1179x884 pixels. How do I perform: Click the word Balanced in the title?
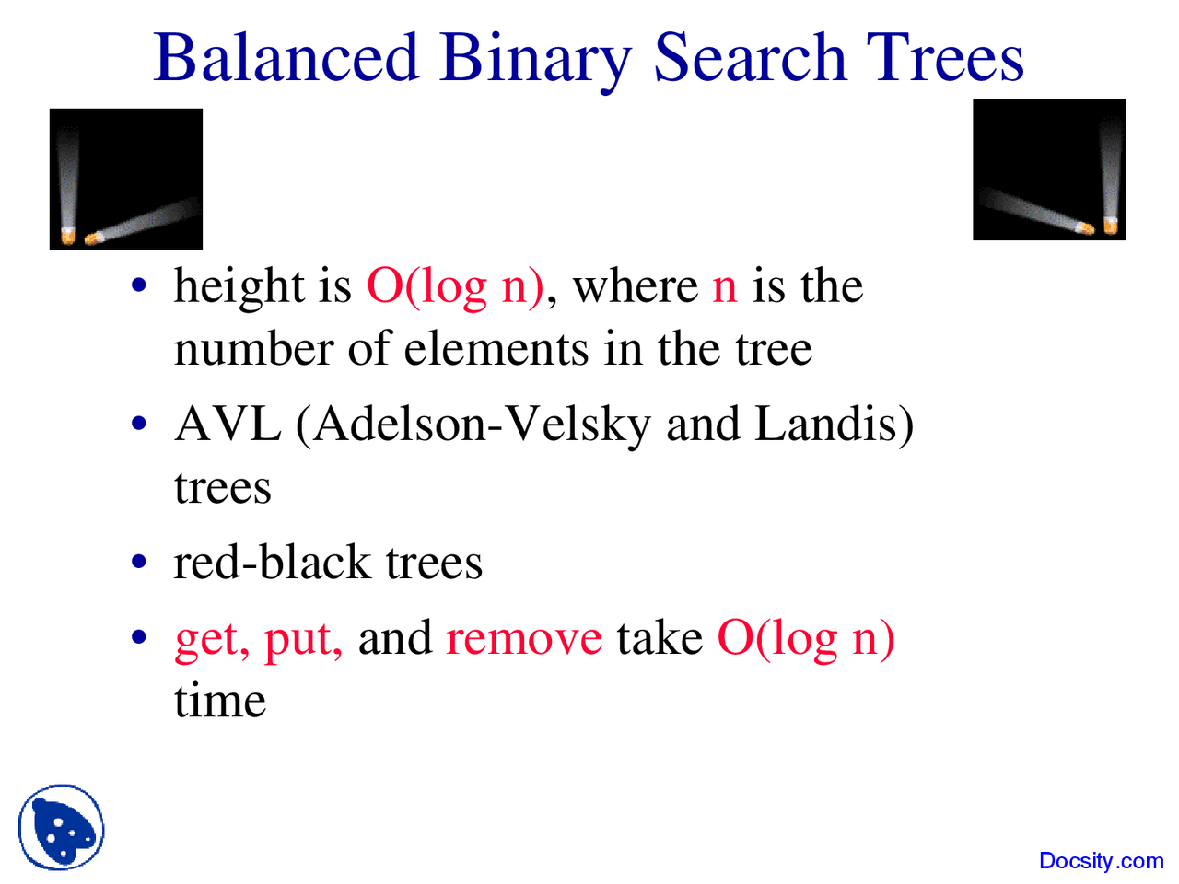286,56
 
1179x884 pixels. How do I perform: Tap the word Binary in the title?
534,62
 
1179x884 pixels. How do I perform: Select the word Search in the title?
751,56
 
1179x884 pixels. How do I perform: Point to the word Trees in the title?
945,56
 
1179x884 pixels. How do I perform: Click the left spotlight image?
125,179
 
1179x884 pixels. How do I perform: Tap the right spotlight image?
1049,169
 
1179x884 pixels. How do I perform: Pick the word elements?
496,349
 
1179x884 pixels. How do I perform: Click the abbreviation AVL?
228,425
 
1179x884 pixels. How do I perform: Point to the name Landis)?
835,425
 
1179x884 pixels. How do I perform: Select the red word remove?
524,639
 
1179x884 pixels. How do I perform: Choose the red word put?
303,642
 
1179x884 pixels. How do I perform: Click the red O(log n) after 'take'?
806,640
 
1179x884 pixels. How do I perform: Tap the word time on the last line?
220,701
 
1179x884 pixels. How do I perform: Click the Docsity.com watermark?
1101,861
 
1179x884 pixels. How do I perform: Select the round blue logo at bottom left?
61,827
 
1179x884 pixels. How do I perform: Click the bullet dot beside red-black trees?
139,562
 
